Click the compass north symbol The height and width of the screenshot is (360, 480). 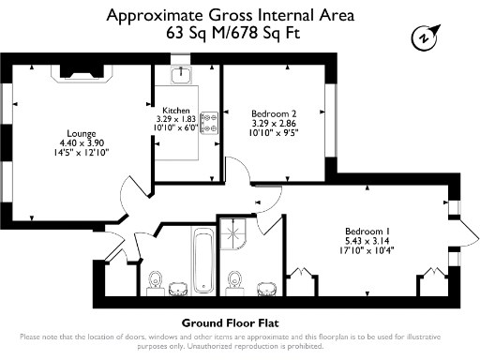(425, 38)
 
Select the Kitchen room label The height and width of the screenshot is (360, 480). (176, 109)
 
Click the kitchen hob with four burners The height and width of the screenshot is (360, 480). (208, 120)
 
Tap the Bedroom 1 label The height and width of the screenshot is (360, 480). (367, 231)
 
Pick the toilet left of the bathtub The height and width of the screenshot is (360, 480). (156, 278)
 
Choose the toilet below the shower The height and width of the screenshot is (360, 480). (239, 279)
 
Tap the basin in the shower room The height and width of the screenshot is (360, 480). (264, 285)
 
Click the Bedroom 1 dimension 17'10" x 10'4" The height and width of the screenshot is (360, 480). (367, 249)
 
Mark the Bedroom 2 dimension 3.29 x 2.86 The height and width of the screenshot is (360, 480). (273, 123)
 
